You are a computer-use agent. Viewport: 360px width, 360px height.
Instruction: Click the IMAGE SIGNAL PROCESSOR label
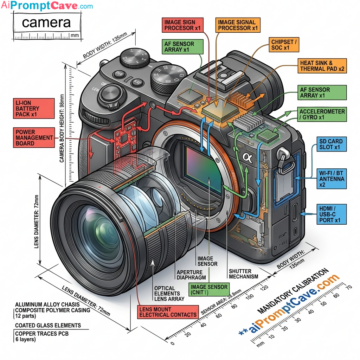[x=238, y=25]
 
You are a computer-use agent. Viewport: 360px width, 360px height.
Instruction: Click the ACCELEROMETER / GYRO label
[x=320, y=114]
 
